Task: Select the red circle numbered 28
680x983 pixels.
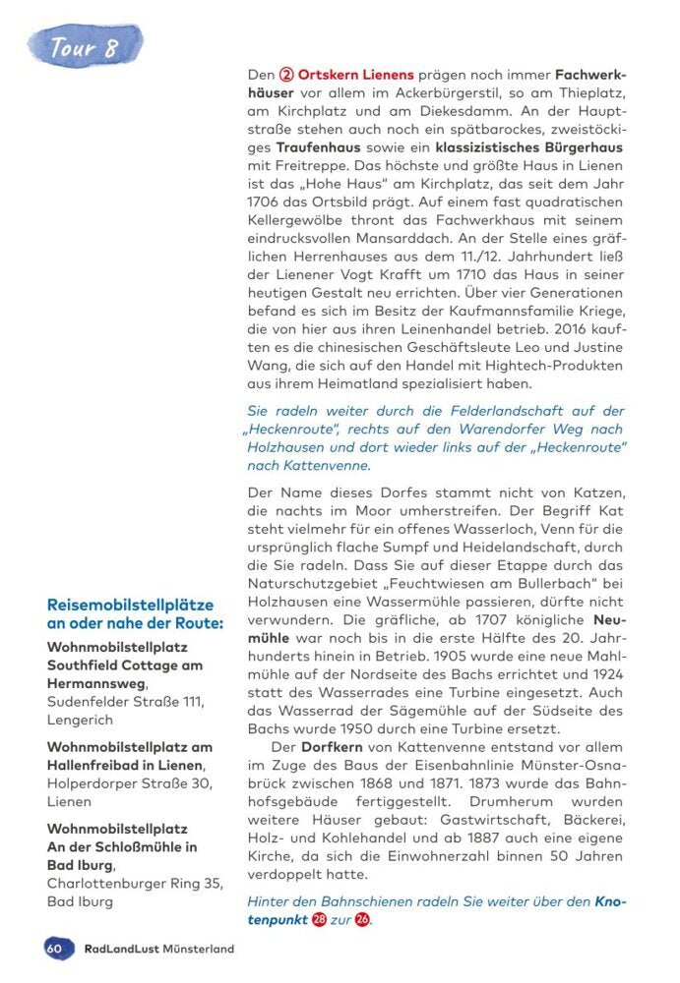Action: click(319, 920)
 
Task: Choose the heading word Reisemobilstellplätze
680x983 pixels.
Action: click(129, 604)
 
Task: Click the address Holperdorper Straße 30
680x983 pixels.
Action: click(128, 782)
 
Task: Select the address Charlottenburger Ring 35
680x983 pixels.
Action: click(133, 883)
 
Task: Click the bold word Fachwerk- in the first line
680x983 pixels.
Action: click(589, 76)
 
